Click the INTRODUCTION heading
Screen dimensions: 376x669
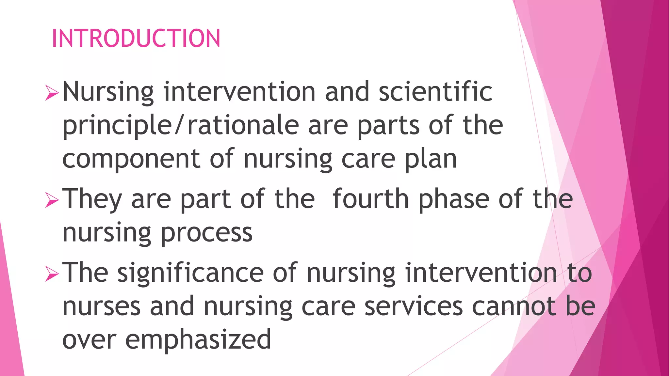click(x=136, y=39)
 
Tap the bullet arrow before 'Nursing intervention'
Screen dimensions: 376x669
click(x=52, y=93)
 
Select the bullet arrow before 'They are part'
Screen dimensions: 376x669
click(x=52, y=200)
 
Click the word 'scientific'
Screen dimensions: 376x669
click(x=435, y=92)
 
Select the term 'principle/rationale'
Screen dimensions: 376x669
click(x=181, y=126)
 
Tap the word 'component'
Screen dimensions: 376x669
click(x=131, y=159)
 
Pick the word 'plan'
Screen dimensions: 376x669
click(x=431, y=159)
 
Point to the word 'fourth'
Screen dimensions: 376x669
click(x=370, y=199)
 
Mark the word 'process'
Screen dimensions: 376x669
click(x=206, y=234)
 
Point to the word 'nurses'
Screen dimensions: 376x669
click(x=102, y=307)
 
